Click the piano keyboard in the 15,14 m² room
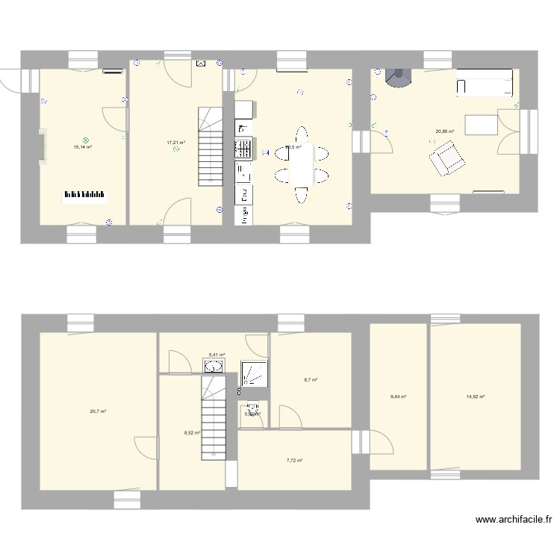[x=84, y=196]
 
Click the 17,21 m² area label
[x=175, y=142]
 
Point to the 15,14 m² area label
[x=82, y=147]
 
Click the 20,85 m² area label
[x=445, y=132]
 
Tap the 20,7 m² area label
[x=98, y=411]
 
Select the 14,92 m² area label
[x=476, y=396]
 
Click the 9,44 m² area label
[x=398, y=396]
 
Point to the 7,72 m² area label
[x=294, y=461]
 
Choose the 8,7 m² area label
[x=310, y=380]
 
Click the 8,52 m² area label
[x=192, y=432]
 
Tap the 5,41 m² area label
[x=217, y=355]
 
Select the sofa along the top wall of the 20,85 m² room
[x=485, y=83]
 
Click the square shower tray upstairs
[x=254, y=373]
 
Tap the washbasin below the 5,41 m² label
[x=215, y=366]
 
